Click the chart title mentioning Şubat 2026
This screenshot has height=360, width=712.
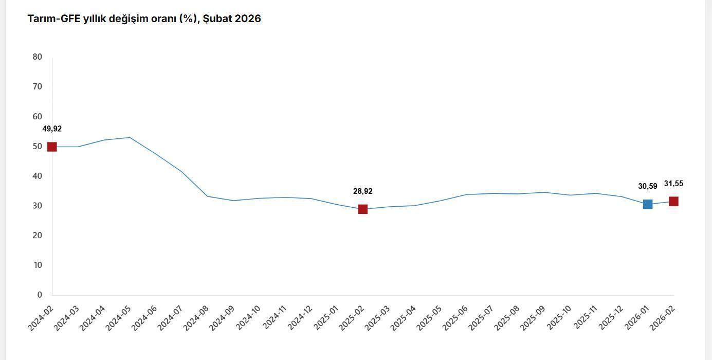pos(144,19)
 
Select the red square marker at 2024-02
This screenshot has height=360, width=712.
pos(52,147)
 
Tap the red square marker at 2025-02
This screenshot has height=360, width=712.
pos(362,209)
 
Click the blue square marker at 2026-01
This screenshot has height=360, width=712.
pos(648,204)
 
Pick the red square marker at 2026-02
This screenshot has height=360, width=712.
pos(673,201)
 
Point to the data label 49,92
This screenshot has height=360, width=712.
pos(52,129)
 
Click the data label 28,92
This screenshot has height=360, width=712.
pos(362,191)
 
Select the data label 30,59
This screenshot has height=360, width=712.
pos(648,187)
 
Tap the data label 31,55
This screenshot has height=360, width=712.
pos(673,184)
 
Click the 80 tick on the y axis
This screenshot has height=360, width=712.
pos(37,57)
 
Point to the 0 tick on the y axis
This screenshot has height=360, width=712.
pos(40,295)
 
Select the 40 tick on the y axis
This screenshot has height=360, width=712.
pos(37,176)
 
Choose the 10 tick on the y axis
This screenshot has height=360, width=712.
pos(37,265)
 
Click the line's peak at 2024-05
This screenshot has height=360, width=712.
pos(130,137)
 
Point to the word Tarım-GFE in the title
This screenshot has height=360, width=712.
pos(53,19)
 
